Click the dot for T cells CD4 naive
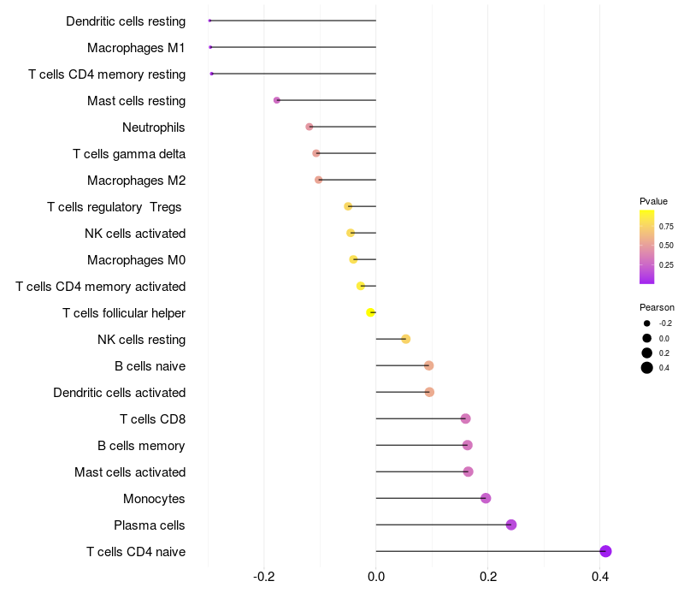tap(605, 551)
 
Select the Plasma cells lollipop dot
tap(511, 525)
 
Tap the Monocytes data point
tap(486, 498)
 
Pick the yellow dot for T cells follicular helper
tap(370, 312)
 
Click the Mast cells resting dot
tap(276, 100)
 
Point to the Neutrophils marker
tap(310, 127)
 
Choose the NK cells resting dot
tap(405, 339)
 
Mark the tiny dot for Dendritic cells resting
tap(209, 21)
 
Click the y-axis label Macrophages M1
tap(136, 48)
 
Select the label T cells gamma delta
tap(129, 154)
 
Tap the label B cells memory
tap(141, 446)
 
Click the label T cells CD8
tap(153, 419)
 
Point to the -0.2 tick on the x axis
tap(264, 577)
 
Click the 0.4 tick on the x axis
tap(600, 577)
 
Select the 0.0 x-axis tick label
tap(376, 577)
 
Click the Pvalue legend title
tap(653, 201)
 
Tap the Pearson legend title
tap(657, 307)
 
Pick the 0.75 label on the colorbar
tap(666, 226)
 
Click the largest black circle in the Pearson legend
tap(647, 368)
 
